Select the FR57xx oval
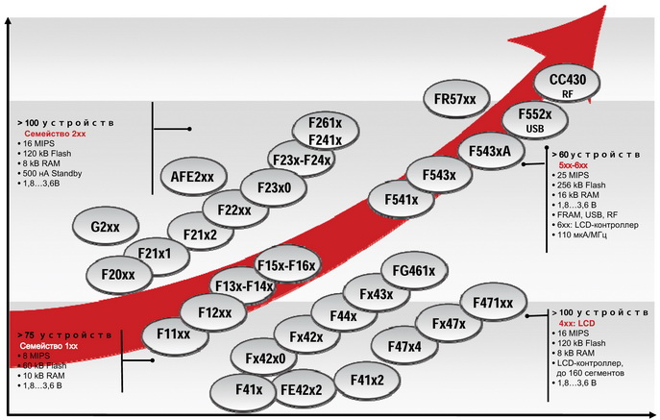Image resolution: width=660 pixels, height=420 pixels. [x=455, y=99]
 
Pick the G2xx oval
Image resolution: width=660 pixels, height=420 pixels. [x=105, y=227]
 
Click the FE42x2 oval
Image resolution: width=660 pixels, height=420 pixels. [x=303, y=390]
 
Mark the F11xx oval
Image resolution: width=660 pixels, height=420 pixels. [x=174, y=334]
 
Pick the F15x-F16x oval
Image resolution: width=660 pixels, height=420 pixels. [x=287, y=264]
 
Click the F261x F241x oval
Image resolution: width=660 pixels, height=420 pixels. [x=326, y=132]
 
